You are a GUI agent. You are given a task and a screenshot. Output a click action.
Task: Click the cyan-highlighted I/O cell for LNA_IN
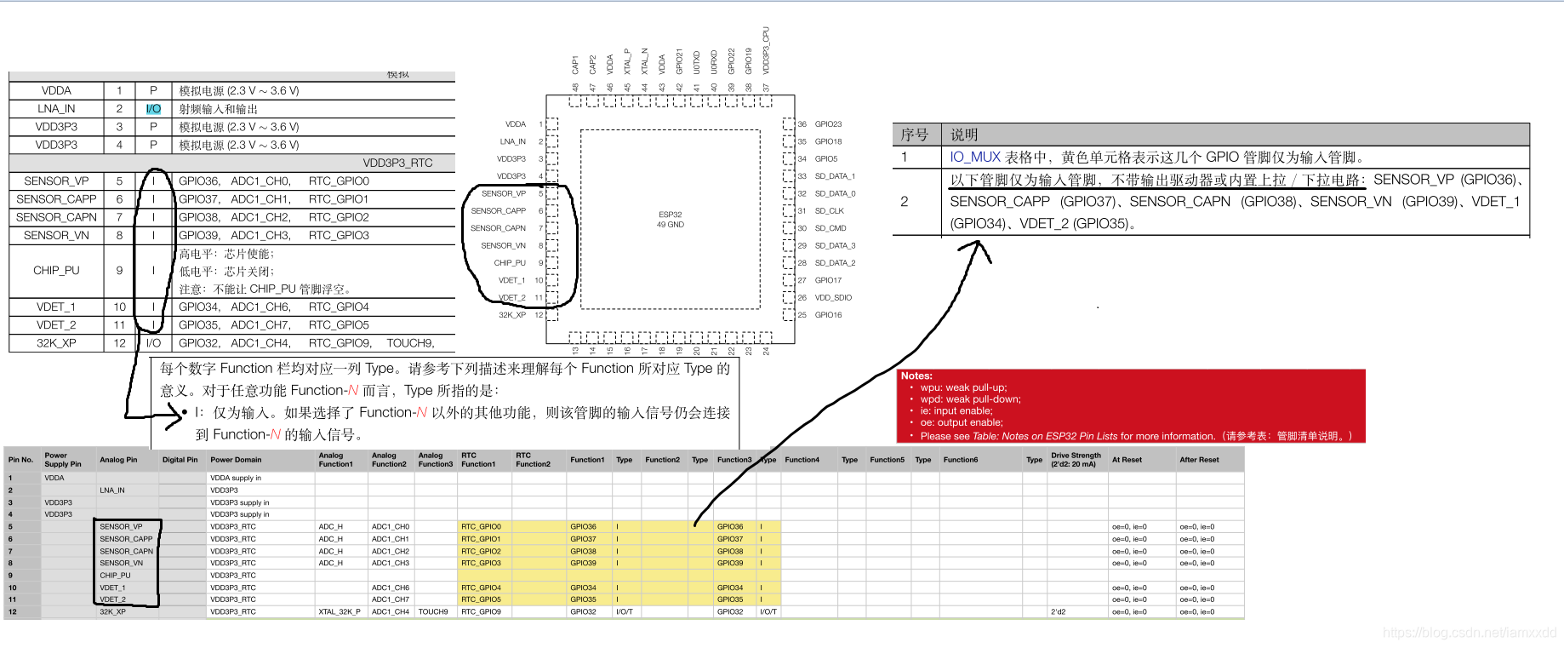153,109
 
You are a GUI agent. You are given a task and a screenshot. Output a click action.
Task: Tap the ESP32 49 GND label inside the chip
670,220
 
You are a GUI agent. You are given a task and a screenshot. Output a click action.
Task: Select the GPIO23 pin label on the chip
828,124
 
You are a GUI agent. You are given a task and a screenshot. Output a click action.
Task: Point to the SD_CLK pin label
829,211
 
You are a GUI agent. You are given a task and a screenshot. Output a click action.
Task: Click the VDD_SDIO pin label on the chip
833,298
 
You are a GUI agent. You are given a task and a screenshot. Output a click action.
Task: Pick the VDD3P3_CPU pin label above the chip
766,50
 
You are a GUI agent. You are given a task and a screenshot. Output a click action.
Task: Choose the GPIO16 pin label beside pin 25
828,315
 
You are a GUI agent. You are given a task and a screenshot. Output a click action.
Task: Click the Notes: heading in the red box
916,376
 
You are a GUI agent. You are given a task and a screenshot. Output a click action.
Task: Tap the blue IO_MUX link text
975,158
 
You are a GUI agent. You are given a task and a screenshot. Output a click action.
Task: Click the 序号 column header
915,135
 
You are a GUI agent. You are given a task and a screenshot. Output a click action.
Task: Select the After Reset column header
1199,460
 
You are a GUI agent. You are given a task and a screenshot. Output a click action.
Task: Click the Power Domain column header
236,460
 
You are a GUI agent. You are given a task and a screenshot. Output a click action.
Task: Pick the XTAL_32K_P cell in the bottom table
339,612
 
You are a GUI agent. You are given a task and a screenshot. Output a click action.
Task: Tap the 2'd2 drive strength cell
1058,612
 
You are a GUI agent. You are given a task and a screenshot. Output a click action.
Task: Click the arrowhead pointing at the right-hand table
977,249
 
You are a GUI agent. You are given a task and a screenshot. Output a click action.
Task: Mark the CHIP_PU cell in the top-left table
56,271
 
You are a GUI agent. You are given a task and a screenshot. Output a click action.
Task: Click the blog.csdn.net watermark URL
1469,633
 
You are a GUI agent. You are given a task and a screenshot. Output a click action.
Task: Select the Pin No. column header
20,460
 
